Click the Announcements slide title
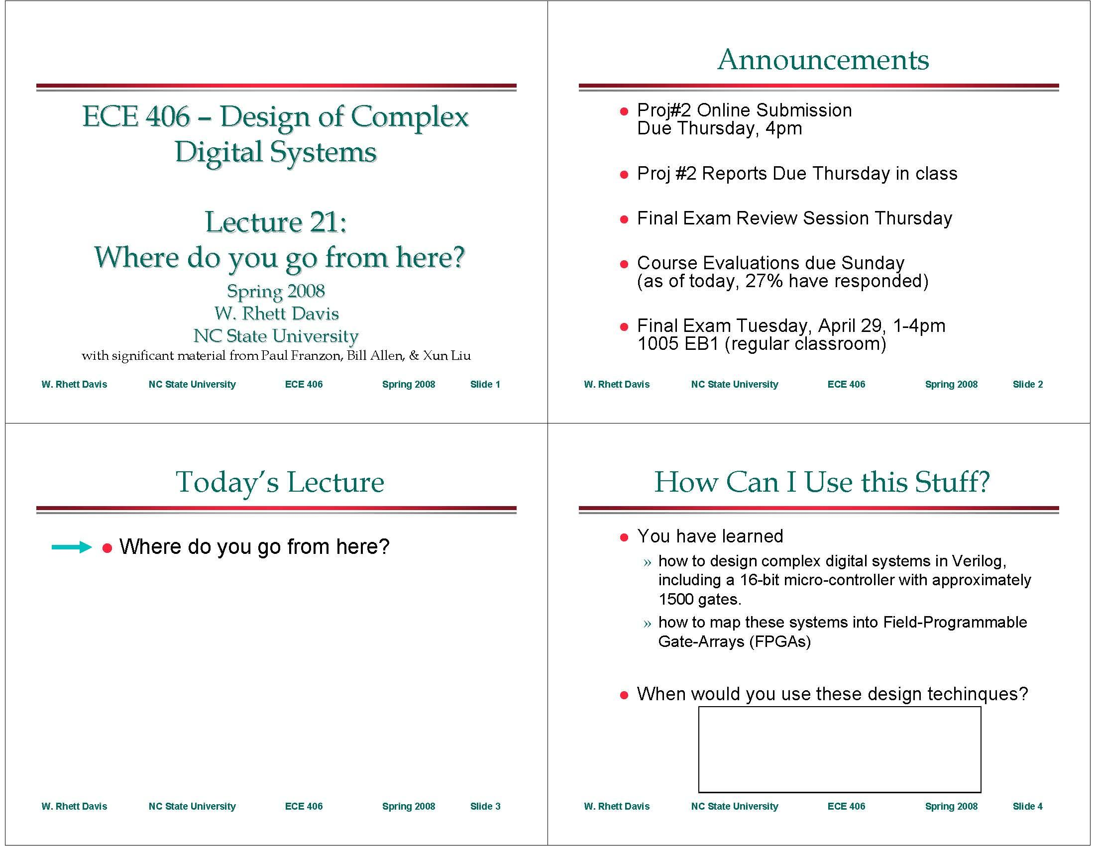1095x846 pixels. click(x=823, y=60)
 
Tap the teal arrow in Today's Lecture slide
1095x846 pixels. click(x=71, y=547)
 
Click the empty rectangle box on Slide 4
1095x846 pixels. click(x=839, y=749)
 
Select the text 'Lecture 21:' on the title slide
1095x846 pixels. click(x=276, y=221)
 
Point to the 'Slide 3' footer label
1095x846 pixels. click(x=485, y=806)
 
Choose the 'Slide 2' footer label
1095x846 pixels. click(x=1027, y=384)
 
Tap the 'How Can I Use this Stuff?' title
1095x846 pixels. click(x=822, y=482)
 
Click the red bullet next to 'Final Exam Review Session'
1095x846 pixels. click(x=624, y=219)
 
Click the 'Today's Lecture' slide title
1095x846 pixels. click(x=280, y=482)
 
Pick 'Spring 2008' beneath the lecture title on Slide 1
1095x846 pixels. click(x=276, y=291)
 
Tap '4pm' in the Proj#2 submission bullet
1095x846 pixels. click(x=783, y=129)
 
